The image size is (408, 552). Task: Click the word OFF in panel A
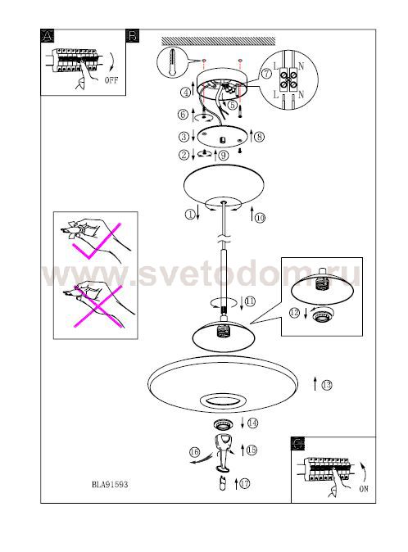[x=111, y=80]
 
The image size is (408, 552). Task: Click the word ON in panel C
[x=364, y=489]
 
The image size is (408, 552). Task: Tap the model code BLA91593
[x=110, y=484]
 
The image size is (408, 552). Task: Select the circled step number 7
[x=266, y=73]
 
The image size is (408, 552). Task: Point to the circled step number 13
[x=327, y=385]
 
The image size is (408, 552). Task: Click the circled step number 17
[x=245, y=483]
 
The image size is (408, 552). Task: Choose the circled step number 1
[x=190, y=214]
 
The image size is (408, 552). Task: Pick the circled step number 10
[x=261, y=218]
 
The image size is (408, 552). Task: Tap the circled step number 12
[x=294, y=312]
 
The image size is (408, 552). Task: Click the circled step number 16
[x=195, y=452]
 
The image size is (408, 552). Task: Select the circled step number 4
[x=185, y=93]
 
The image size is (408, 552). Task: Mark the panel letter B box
[x=132, y=36]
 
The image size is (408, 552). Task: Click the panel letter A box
[x=48, y=36]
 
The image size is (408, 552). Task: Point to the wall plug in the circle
[x=171, y=62]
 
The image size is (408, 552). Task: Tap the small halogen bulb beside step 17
[x=222, y=484]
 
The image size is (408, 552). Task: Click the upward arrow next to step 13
[x=315, y=384]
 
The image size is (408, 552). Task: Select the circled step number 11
[x=250, y=301]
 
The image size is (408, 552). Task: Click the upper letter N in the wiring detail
[x=301, y=66]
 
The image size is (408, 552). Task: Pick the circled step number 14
[x=253, y=423]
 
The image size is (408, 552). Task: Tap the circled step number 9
[x=224, y=156]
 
